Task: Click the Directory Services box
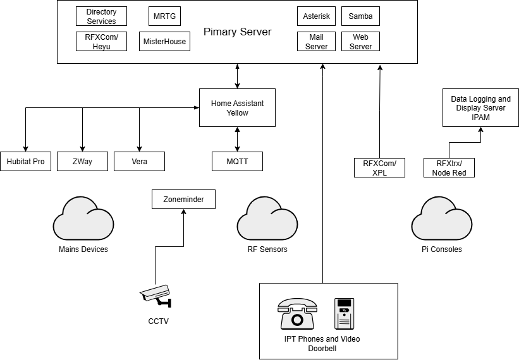[101, 16]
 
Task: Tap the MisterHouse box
[164, 42]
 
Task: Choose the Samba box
[360, 16]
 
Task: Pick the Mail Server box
[317, 42]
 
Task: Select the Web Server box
[360, 42]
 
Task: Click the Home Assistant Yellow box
[237, 108]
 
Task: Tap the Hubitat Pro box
[25, 162]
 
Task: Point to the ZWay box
[82, 162]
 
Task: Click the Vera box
[139, 162]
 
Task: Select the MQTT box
[237, 162]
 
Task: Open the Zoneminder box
[183, 200]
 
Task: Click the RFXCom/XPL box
[379, 168]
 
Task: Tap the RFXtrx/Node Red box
[448, 168]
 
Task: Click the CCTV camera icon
[156, 296]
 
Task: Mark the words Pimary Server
[237, 32]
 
